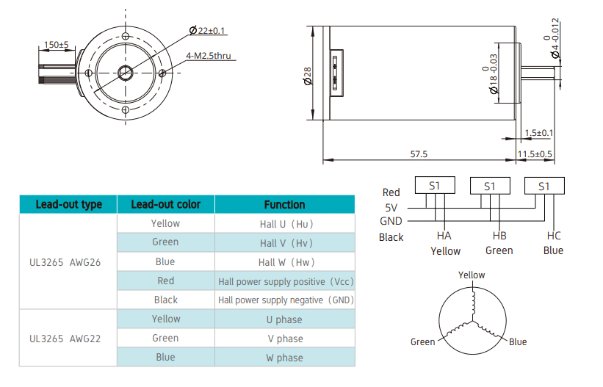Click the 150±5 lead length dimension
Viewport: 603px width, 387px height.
pyautogui.click(x=56, y=45)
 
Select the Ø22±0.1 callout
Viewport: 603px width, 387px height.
pyautogui.click(x=208, y=30)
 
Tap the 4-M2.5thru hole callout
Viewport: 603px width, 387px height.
pyautogui.click(x=208, y=55)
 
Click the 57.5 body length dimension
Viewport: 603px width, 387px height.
pyautogui.click(x=419, y=154)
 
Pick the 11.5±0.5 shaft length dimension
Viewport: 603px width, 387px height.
pyautogui.click(x=535, y=154)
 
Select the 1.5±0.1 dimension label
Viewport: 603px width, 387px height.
pyautogui.click(x=539, y=133)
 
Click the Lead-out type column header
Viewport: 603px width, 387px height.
pyautogui.click(x=68, y=204)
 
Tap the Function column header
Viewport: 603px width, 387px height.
pyautogui.click(x=284, y=204)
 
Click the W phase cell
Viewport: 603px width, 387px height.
pyautogui.click(x=284, y=358)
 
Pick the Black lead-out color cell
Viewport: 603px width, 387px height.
pyautogui.click(x=165, y=300)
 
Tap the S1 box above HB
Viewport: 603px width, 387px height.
pyautogui.click(x=490, y=187)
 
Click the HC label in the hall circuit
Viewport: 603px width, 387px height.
pyautogui.click(x=554, y=236)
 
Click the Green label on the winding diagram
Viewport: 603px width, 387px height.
pyautogui.click(x=422, y=342)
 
